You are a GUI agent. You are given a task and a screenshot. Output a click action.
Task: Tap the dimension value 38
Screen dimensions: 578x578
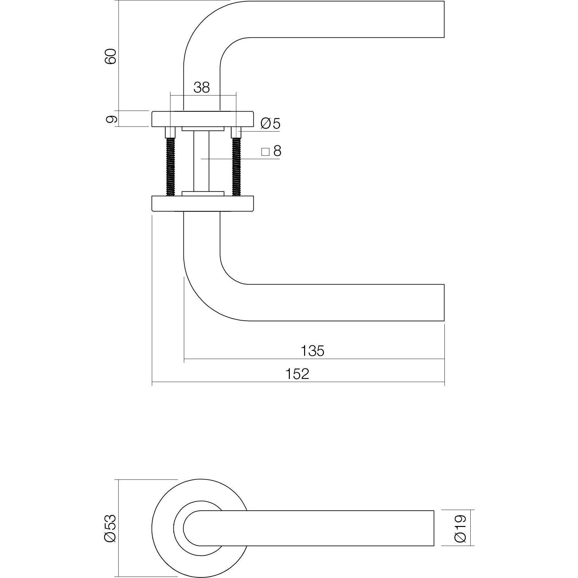202,87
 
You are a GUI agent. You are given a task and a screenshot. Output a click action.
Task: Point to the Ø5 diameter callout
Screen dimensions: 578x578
270,124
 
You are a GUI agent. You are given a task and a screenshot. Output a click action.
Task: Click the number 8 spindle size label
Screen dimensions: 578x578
277,151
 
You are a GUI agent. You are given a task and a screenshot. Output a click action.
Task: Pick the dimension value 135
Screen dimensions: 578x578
312,351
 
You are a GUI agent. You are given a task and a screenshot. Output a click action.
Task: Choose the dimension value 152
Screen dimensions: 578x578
297,374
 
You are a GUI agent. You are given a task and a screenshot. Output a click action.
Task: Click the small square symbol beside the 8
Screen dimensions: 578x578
265,152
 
